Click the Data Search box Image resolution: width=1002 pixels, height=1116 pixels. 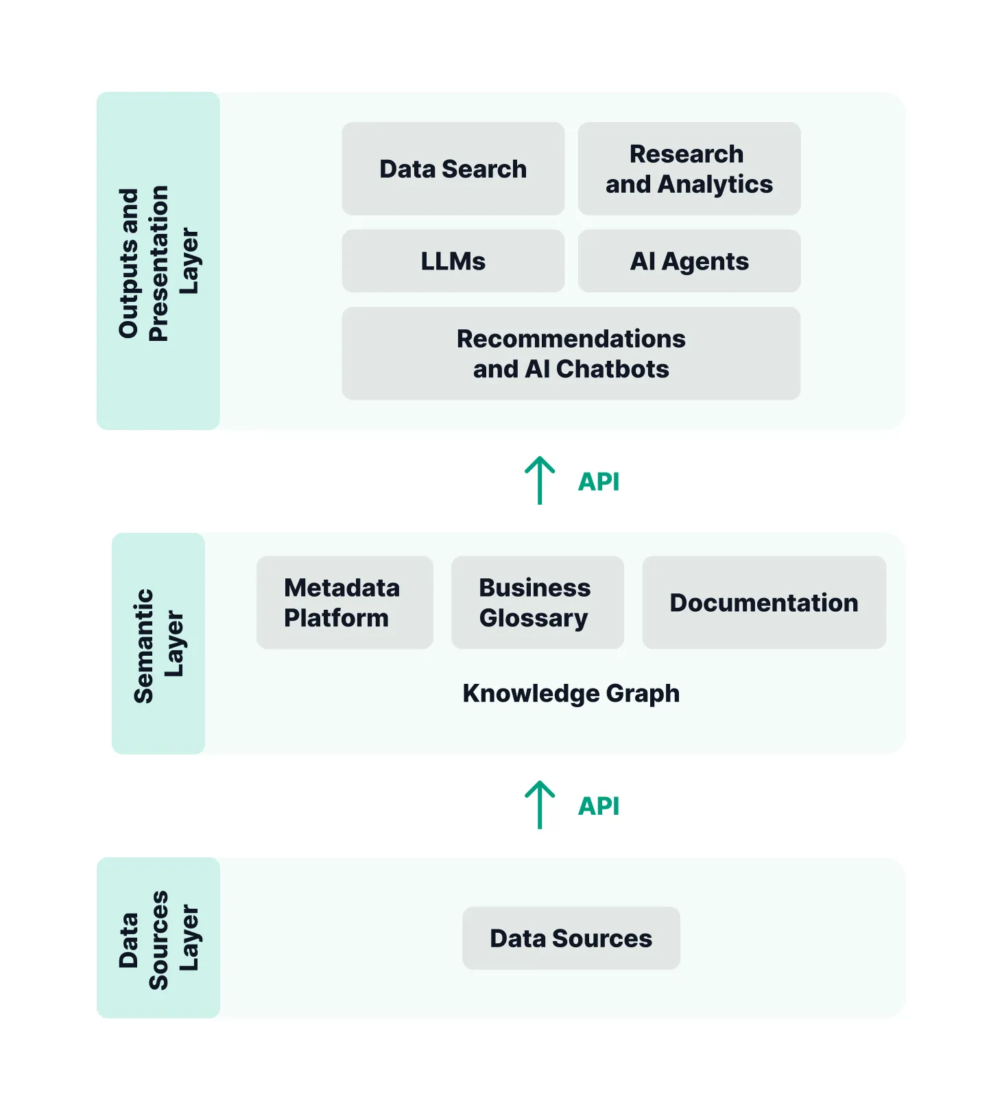tap(453, 169)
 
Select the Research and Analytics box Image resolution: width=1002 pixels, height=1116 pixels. tap(689, 169)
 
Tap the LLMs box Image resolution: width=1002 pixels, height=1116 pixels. tap(453, 261)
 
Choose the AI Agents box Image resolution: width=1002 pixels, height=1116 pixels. tap(689, 261)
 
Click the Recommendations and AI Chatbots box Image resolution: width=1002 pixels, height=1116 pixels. tap(571, 353)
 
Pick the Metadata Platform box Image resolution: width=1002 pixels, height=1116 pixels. tap(344, 602)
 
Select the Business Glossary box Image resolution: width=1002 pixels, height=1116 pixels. tap(537, 602)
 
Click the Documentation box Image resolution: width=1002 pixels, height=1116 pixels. tap(764, 602)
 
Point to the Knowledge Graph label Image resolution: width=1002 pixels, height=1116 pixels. tap(571, 693)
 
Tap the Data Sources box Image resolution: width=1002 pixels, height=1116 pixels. tap(571, 938)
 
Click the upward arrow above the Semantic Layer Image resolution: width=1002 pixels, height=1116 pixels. tap(540, 480)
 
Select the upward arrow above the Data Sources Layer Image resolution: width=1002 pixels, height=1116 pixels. tap(540, 805)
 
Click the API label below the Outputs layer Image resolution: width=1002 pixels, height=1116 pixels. tap(599, 482)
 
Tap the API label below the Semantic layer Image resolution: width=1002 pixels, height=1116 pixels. tap(599, 806)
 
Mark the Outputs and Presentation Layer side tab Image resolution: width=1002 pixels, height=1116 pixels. tap(158, 261)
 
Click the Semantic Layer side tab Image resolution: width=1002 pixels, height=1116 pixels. tap(158, 643)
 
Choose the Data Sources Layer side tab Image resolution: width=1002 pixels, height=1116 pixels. tap(158, 938)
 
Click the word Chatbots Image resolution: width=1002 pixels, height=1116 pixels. tap(612, 369)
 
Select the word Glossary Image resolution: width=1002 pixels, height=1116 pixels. tap(534, 619)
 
